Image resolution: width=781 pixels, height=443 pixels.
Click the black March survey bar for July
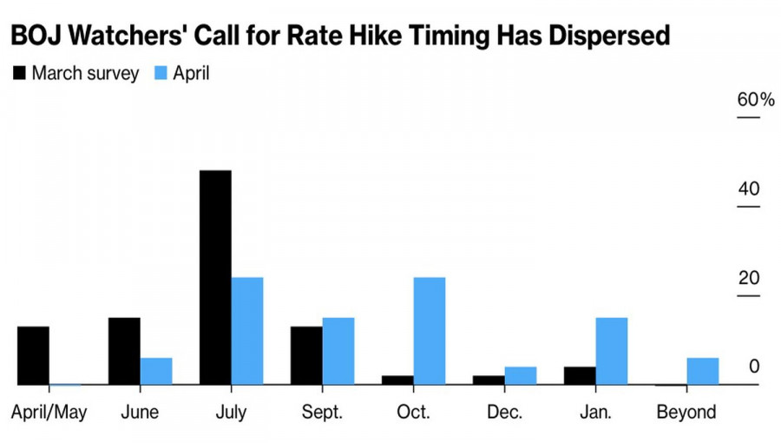click(215, 278)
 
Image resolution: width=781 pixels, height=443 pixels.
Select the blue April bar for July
click(247, 331)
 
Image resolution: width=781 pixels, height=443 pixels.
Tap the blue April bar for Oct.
click(430, 331)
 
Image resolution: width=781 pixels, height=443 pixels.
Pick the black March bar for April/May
click(33, 356)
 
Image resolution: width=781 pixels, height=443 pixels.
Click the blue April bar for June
click(156, 371)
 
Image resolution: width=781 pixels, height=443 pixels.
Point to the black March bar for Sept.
click(306, 356)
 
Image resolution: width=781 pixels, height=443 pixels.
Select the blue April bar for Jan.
click(612, 351)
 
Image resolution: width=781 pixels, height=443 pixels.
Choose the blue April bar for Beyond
click(703, 371)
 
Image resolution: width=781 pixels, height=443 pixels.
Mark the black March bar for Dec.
click(489, 380)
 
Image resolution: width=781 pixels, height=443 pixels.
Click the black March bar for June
click(124, 351)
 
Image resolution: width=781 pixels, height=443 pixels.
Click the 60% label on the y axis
click(756, 100)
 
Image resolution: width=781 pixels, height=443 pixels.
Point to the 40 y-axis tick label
click(749, 188)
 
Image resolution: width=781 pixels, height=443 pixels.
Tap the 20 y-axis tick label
click(749, 278)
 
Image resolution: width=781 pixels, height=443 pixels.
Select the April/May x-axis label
click(49, 413)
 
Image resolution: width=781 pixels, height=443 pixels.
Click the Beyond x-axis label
click(686, 412)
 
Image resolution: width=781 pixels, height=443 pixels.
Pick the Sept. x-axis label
click(322, 412)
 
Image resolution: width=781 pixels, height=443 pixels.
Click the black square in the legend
click(19, 73)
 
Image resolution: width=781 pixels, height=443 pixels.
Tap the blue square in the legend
click(161, 73)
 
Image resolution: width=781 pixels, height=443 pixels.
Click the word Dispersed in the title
click(609, 36)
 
